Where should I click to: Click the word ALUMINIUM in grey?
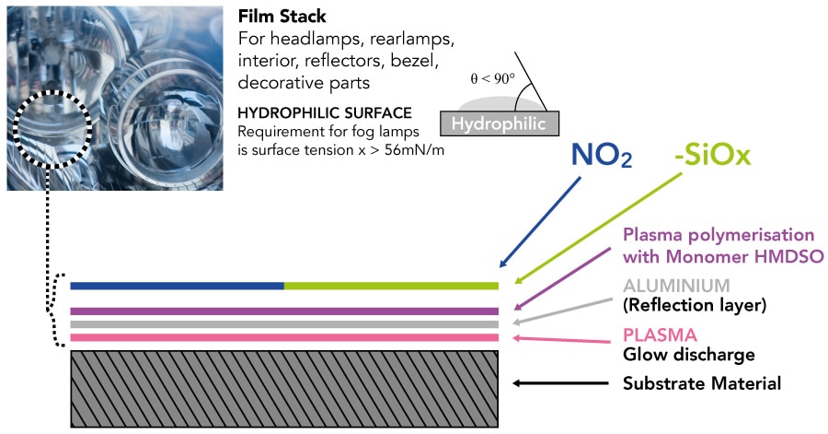[675, 286]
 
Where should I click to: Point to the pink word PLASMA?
[660, 334]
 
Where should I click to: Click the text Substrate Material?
[702, 383]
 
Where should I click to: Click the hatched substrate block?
[284, 388]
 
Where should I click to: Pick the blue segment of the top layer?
[177, 286]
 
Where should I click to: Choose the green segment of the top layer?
[391, 286]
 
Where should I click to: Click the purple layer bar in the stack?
[284, 311]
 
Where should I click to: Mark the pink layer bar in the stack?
[284, 338]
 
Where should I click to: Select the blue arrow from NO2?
[543, 218]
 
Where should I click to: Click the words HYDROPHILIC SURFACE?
[325, 112]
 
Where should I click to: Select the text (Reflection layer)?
[695, 304]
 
